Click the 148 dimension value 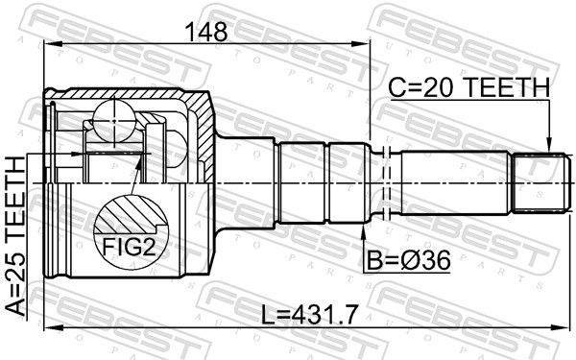(206, 32)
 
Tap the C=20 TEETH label (469, 87)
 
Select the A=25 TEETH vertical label (16, 235)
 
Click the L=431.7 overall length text (309, 316)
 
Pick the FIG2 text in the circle (129, 248)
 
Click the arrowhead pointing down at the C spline (549, 144)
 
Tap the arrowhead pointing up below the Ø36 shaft (363, 230)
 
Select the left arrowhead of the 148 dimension (52, 44)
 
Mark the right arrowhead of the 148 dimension (362, 44)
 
